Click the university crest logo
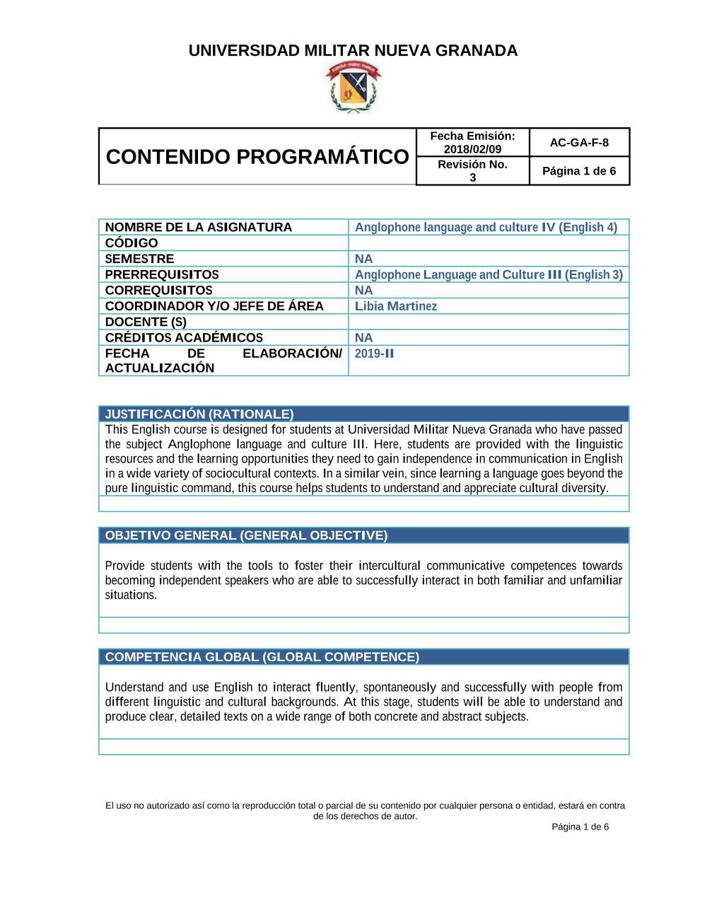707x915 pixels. pyautogui.click(x=353, y=87)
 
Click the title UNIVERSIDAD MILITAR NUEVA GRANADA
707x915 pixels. pyautogui.click(x=353, y=51)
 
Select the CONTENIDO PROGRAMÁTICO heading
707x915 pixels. pyautogui.click(x=257, y=156)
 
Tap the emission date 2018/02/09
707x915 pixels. pyautogui.click(x=472, y=149)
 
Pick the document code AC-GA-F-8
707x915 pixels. pyautogui.click(x=579, y=143)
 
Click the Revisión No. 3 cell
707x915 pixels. pyautogui.click(x=472, y=170)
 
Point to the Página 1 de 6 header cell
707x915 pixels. pyautogui.click(x=579, y=171)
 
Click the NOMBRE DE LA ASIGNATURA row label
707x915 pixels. pyautogui.click(x=199, y=227)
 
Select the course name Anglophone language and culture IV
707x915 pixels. pyautogui.click(x=486, y=227)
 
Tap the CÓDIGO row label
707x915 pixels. pyautogui.click(x=132, y=243)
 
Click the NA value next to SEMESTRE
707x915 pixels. pyautogui.click(x=363, y=259)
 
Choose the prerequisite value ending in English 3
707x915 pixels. pyautogui.click(x=489, y=274)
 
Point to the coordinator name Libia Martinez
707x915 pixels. pyautogui.click(x=396, y=306)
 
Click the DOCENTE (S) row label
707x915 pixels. pyautogui.click(x=146, y=322)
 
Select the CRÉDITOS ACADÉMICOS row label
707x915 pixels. pyautogui.click(x=184, y=338)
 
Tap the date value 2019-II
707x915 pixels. pyautogui.click(x=374, y=354)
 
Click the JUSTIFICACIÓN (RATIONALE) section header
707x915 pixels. pyautogui.click(x=199, y=414)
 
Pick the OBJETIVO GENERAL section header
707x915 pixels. pyautogui.click(x=246, y=535)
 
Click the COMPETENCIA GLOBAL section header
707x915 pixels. pyautogui.click(x=262, y=657)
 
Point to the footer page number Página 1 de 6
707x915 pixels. pyautogui.click(x=580, y=827)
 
